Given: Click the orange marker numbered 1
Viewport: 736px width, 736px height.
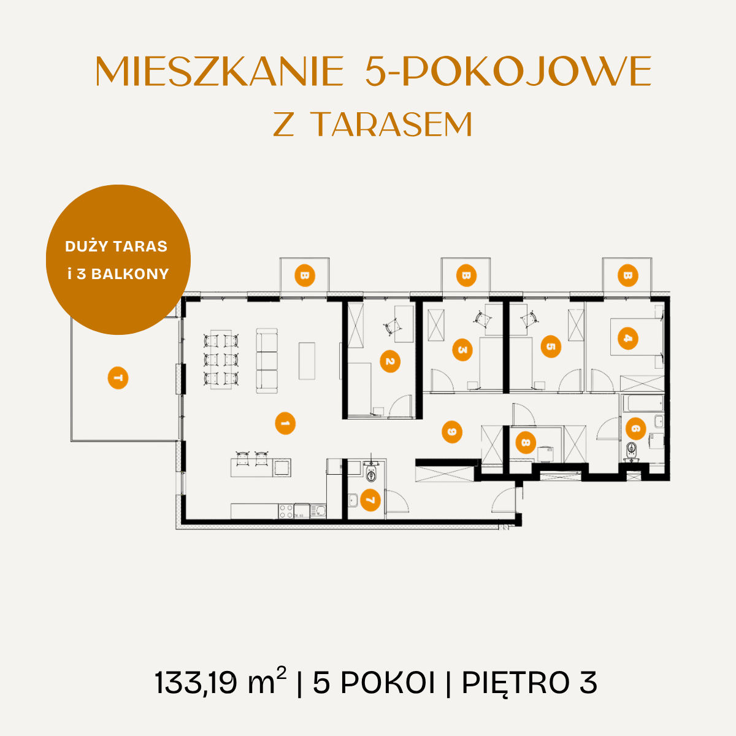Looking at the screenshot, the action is pos(285,423).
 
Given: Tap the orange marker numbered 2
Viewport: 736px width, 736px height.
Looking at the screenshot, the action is pos(390,361).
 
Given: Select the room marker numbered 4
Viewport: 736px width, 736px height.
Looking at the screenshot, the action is pos(627,338).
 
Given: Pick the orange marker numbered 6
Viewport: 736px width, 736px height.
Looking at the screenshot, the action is pos(635,428).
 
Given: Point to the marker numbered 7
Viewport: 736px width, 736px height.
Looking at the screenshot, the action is pos(370,500).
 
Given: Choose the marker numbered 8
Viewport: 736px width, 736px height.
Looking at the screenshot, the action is pos(526,443).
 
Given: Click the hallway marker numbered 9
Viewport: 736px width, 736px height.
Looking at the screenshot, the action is pos(452,432).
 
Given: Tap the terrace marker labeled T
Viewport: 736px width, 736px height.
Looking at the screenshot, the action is pos(118,378).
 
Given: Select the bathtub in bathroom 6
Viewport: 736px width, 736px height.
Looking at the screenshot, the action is pos(643,404).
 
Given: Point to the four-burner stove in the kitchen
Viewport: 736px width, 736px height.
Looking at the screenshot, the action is pos(286,512).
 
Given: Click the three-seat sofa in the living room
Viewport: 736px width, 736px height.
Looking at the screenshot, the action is pos(267,361).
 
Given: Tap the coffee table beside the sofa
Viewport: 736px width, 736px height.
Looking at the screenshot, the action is pos(307,361).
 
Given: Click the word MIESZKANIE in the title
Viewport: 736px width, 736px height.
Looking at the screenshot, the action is pos(220,71).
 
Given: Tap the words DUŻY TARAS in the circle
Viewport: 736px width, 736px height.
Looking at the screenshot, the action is pos(116,247).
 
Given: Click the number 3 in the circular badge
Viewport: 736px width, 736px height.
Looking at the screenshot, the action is pos(81,274).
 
